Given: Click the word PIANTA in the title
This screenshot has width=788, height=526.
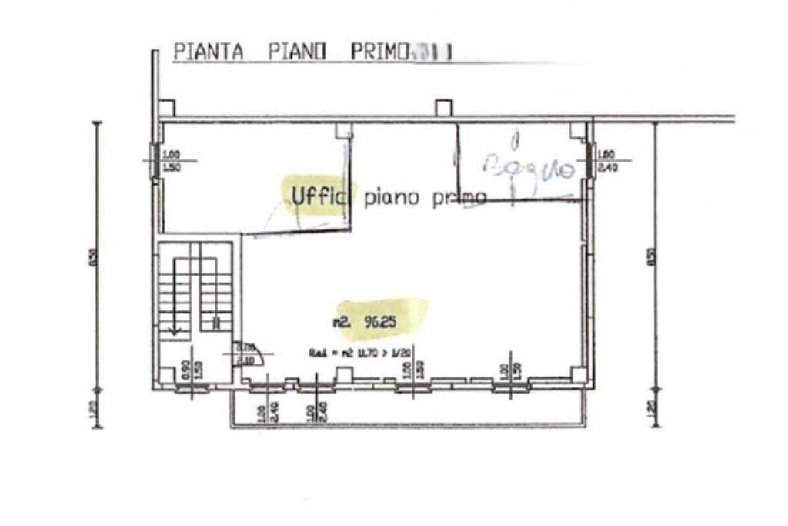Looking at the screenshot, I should click(209, 52).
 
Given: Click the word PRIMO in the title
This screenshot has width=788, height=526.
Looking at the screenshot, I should click(379, 52).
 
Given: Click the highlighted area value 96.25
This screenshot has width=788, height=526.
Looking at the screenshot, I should click(381, 323).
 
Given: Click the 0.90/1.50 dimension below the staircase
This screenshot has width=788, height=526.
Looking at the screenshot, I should click(192, 371).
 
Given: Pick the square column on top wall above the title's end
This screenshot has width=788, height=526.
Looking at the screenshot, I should click(442, 108).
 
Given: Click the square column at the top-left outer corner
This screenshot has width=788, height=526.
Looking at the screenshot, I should click(166, 108).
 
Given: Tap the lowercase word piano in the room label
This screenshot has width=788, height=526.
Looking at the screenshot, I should click(392, 198).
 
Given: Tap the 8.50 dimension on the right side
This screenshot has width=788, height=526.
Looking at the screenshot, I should click(652, 255).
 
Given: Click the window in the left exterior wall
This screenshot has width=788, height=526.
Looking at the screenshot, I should click(155, 161).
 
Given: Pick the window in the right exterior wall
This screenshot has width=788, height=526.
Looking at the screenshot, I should click(592, 161).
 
